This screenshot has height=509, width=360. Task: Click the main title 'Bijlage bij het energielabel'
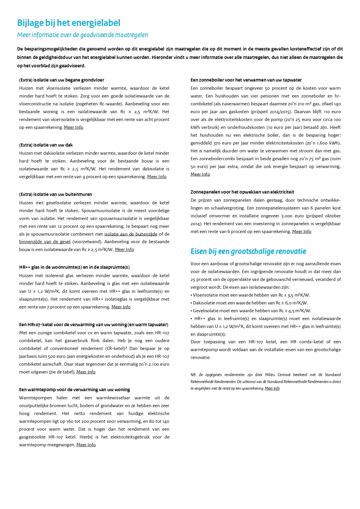[x=68, y=23]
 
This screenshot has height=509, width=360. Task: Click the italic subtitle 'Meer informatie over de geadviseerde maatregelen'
[x=82, y=35]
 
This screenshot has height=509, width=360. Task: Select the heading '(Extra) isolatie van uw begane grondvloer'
[x=61, y=80]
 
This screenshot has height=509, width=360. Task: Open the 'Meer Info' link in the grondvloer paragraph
[x=73, y=127]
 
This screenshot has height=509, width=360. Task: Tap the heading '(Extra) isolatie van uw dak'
[x=46, y=145]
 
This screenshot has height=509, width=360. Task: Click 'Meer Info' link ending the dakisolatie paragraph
[x=157, y=177]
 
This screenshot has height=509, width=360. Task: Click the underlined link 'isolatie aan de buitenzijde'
[x=131, y=234]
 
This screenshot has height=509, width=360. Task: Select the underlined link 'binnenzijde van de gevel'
[x=45, y=242]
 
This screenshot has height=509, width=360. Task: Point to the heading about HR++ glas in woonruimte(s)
[x=74, y=267]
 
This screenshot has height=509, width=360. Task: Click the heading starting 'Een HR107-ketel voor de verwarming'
[x=93, y=325]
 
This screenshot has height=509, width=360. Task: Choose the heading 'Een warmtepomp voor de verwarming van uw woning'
[x=74, y=390]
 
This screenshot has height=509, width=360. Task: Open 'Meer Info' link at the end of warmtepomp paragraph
[x=86, y=445]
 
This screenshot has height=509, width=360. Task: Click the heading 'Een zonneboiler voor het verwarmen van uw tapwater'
[x=246, y=80]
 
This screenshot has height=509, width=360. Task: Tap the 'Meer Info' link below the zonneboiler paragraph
[x=200, y=174]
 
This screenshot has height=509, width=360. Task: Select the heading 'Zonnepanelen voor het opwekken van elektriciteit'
[x=242, y=192]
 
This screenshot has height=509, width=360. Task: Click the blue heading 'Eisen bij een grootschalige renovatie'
[x=248, y=251]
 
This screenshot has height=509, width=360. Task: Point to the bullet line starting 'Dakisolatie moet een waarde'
[x=250, y=303]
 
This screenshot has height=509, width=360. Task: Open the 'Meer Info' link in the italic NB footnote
[x=272, y=389]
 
